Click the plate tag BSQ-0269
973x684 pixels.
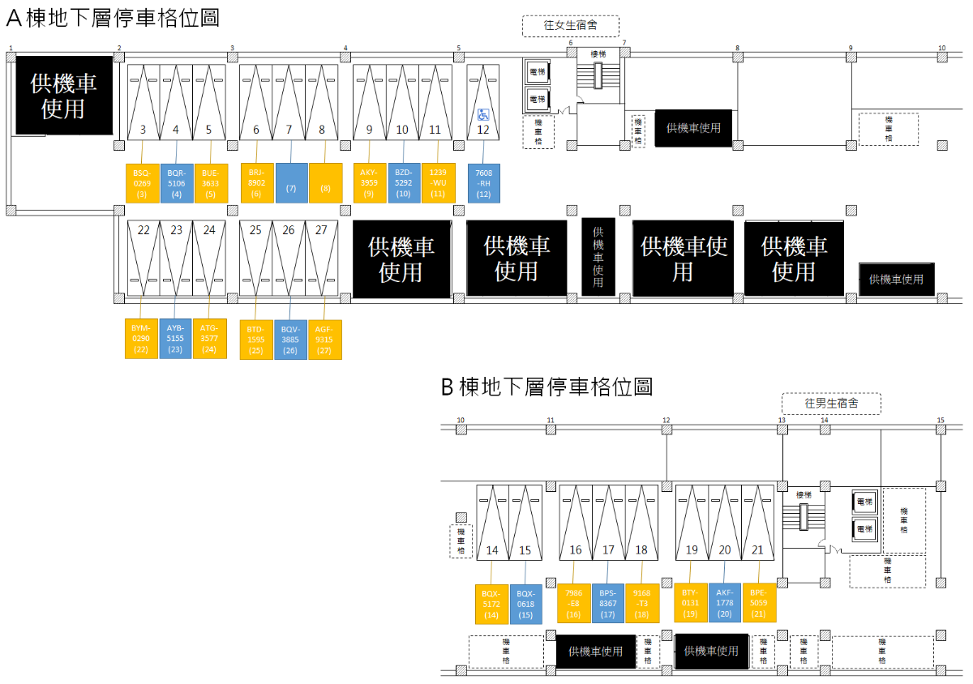(x=143, y=182)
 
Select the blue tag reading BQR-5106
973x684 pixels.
(x=176, y=182)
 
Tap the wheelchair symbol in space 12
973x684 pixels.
(x=483, y=114)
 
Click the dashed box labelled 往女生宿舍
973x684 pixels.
(x=571, y=26)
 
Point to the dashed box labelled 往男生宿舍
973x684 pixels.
(x=831, y=403)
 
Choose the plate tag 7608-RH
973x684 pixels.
(x=483, y=182)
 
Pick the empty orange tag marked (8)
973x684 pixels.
(x=325, y=182)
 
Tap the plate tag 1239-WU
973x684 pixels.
(x=438, y=182)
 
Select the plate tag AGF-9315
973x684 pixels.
(x=324, y=340)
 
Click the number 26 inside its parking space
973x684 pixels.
(x=289, y=230)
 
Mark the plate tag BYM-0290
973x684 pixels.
(x=141, y=339)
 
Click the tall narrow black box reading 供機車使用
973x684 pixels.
(x=598, y=257)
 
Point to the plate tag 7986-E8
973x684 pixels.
(x=574, y=604)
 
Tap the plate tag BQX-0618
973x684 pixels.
(x=525, y=604)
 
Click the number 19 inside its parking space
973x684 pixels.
(x=692, y=550)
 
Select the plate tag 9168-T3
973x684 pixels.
(x=641, y=604)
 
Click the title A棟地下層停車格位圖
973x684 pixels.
(x=113, y=18)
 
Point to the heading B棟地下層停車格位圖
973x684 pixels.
(x=547, y=387)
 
